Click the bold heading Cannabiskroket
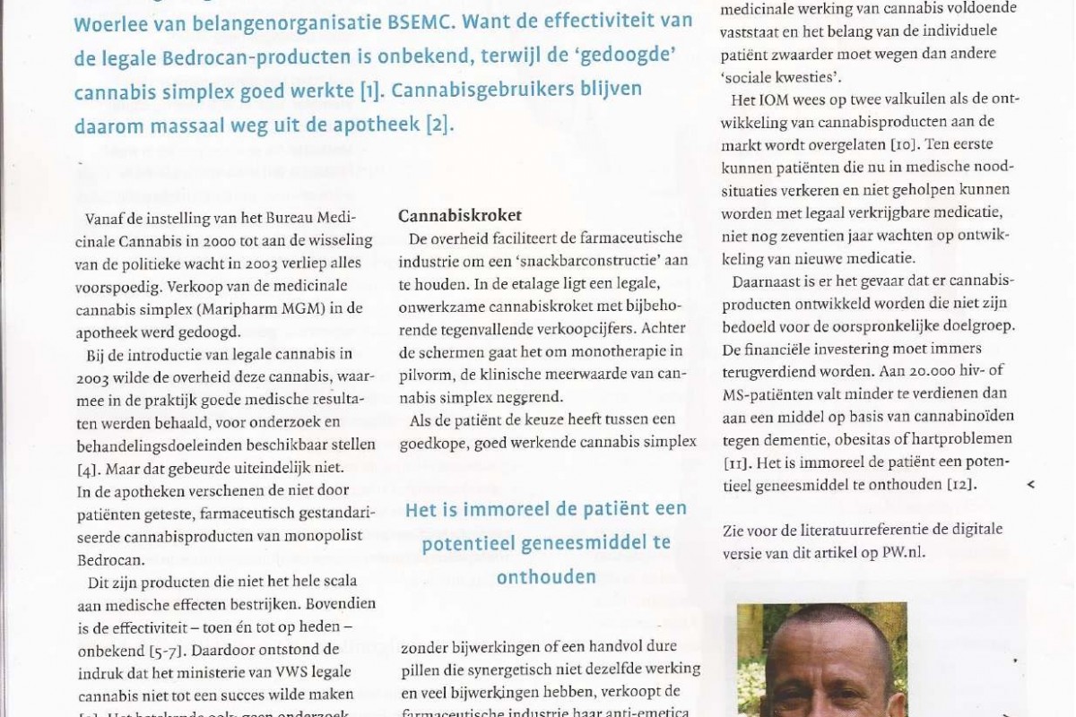click(x=460, y=216)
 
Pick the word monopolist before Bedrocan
click(x=334, y=534)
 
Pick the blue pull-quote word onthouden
click(x=546, y=577)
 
